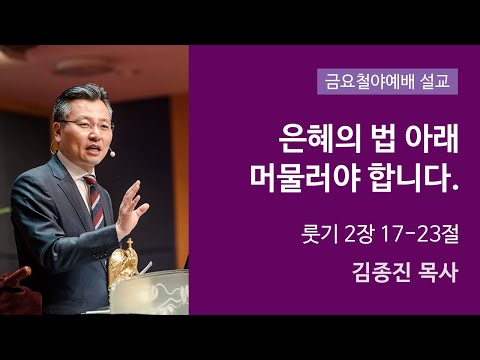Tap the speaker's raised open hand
(x=131, y=205)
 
